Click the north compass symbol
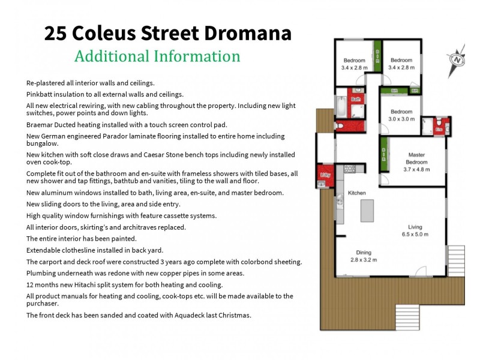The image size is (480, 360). [458, 60]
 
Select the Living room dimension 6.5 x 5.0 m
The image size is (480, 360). [415, 235]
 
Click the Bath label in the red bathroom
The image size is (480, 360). [356, 100]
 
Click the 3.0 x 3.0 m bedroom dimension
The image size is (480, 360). [401, 119]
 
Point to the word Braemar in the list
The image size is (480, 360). [40, 125]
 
